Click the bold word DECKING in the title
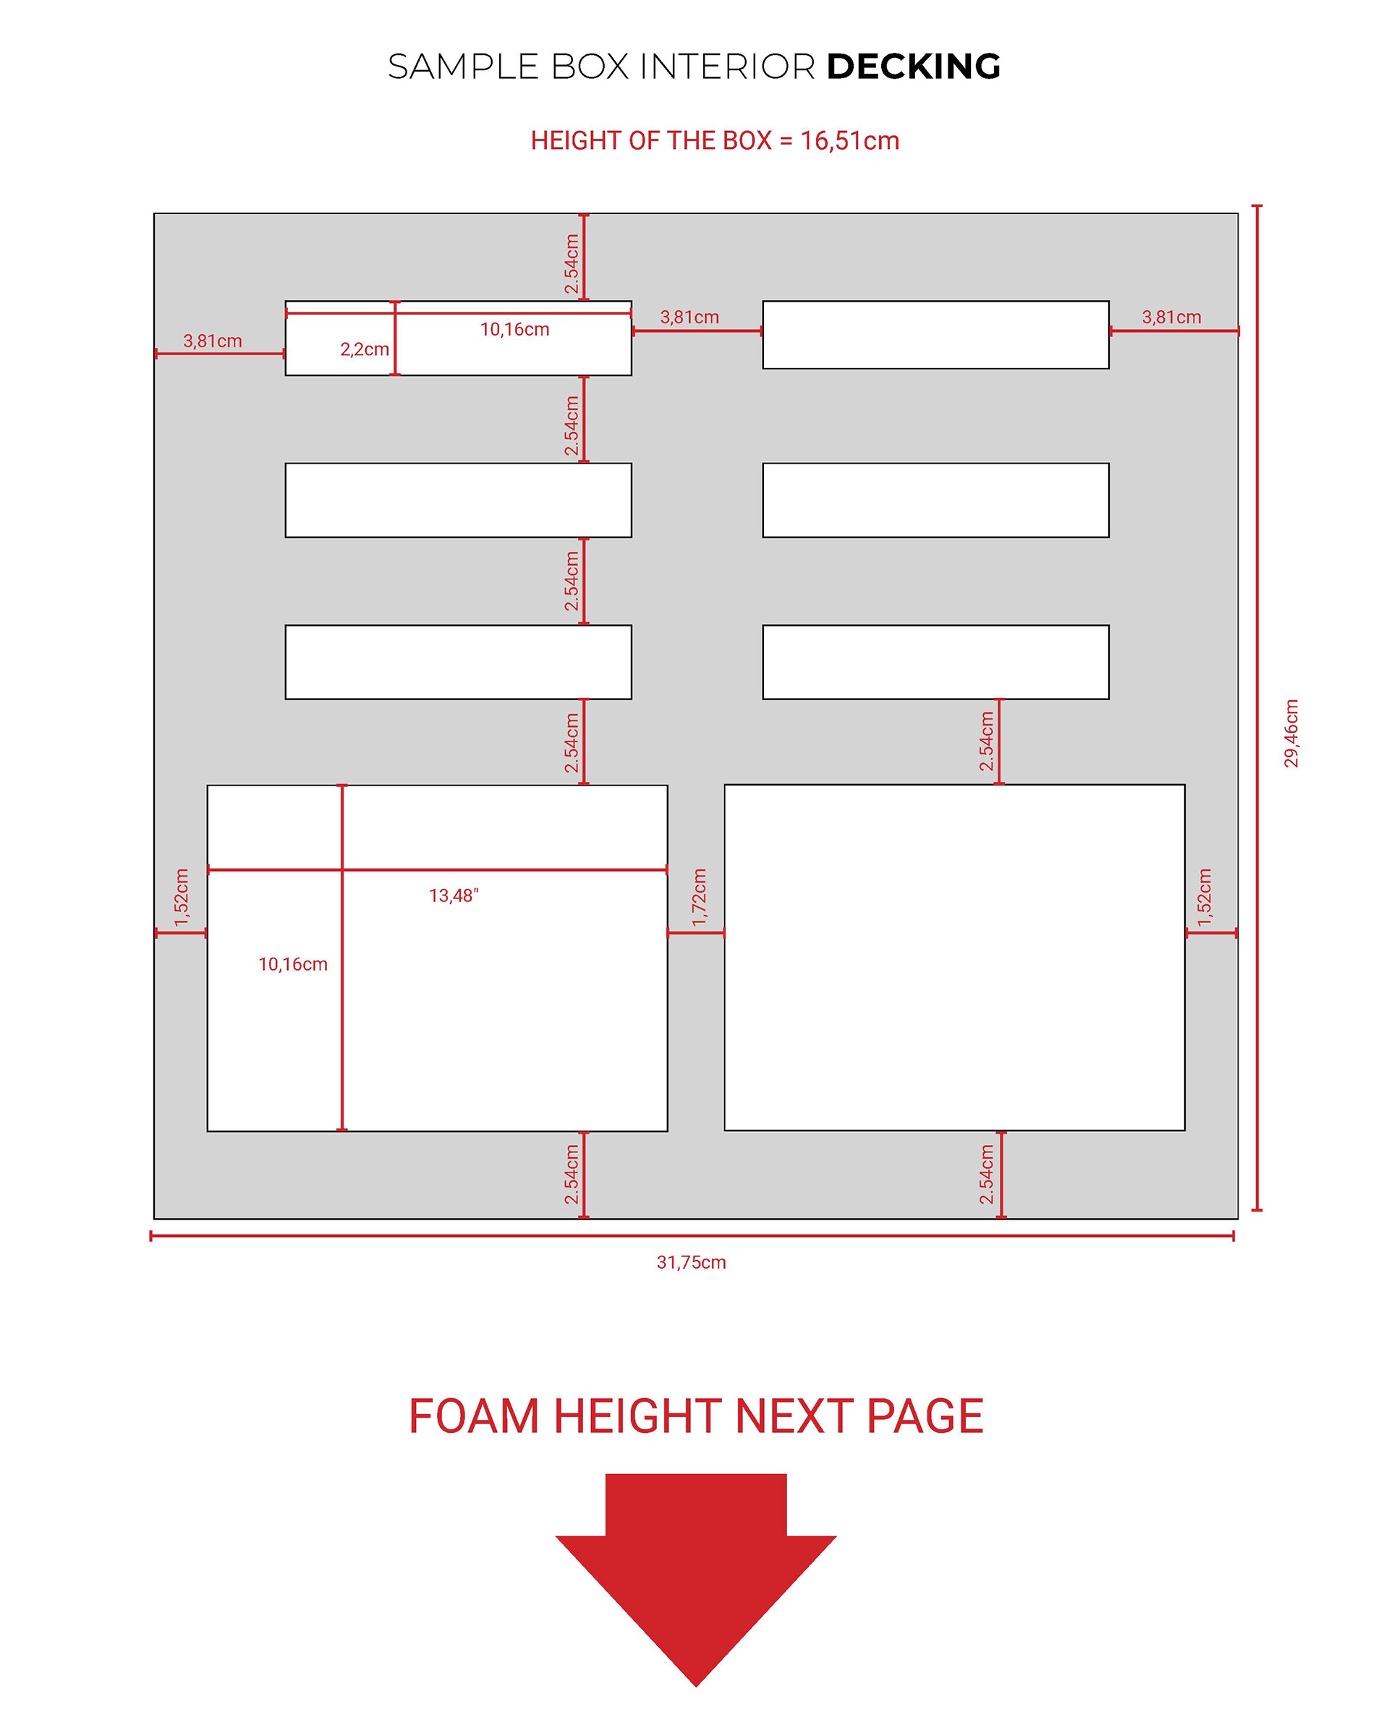pos(913,67)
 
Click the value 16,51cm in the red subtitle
pos(849,141)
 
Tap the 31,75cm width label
pos(691,1261)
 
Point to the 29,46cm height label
pos(1291,733)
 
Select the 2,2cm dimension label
pos(364,349)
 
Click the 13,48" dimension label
pos(454,895)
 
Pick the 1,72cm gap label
pos(699,897)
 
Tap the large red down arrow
pos(696,1578)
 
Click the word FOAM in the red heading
pos(473,1416)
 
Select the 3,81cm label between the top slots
pos(689,318)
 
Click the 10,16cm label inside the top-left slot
pos(514,329)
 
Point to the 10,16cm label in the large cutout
pos(292,963)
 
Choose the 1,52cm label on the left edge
pos(181,897)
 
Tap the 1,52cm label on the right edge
pos(1204,897)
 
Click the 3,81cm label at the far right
pos(1171,318)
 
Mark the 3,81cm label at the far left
pos(212,341)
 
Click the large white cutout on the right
pos(954,958)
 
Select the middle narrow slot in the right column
pos(935,500)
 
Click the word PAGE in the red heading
pos(925,1416)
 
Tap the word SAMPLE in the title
pos(463,67)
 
